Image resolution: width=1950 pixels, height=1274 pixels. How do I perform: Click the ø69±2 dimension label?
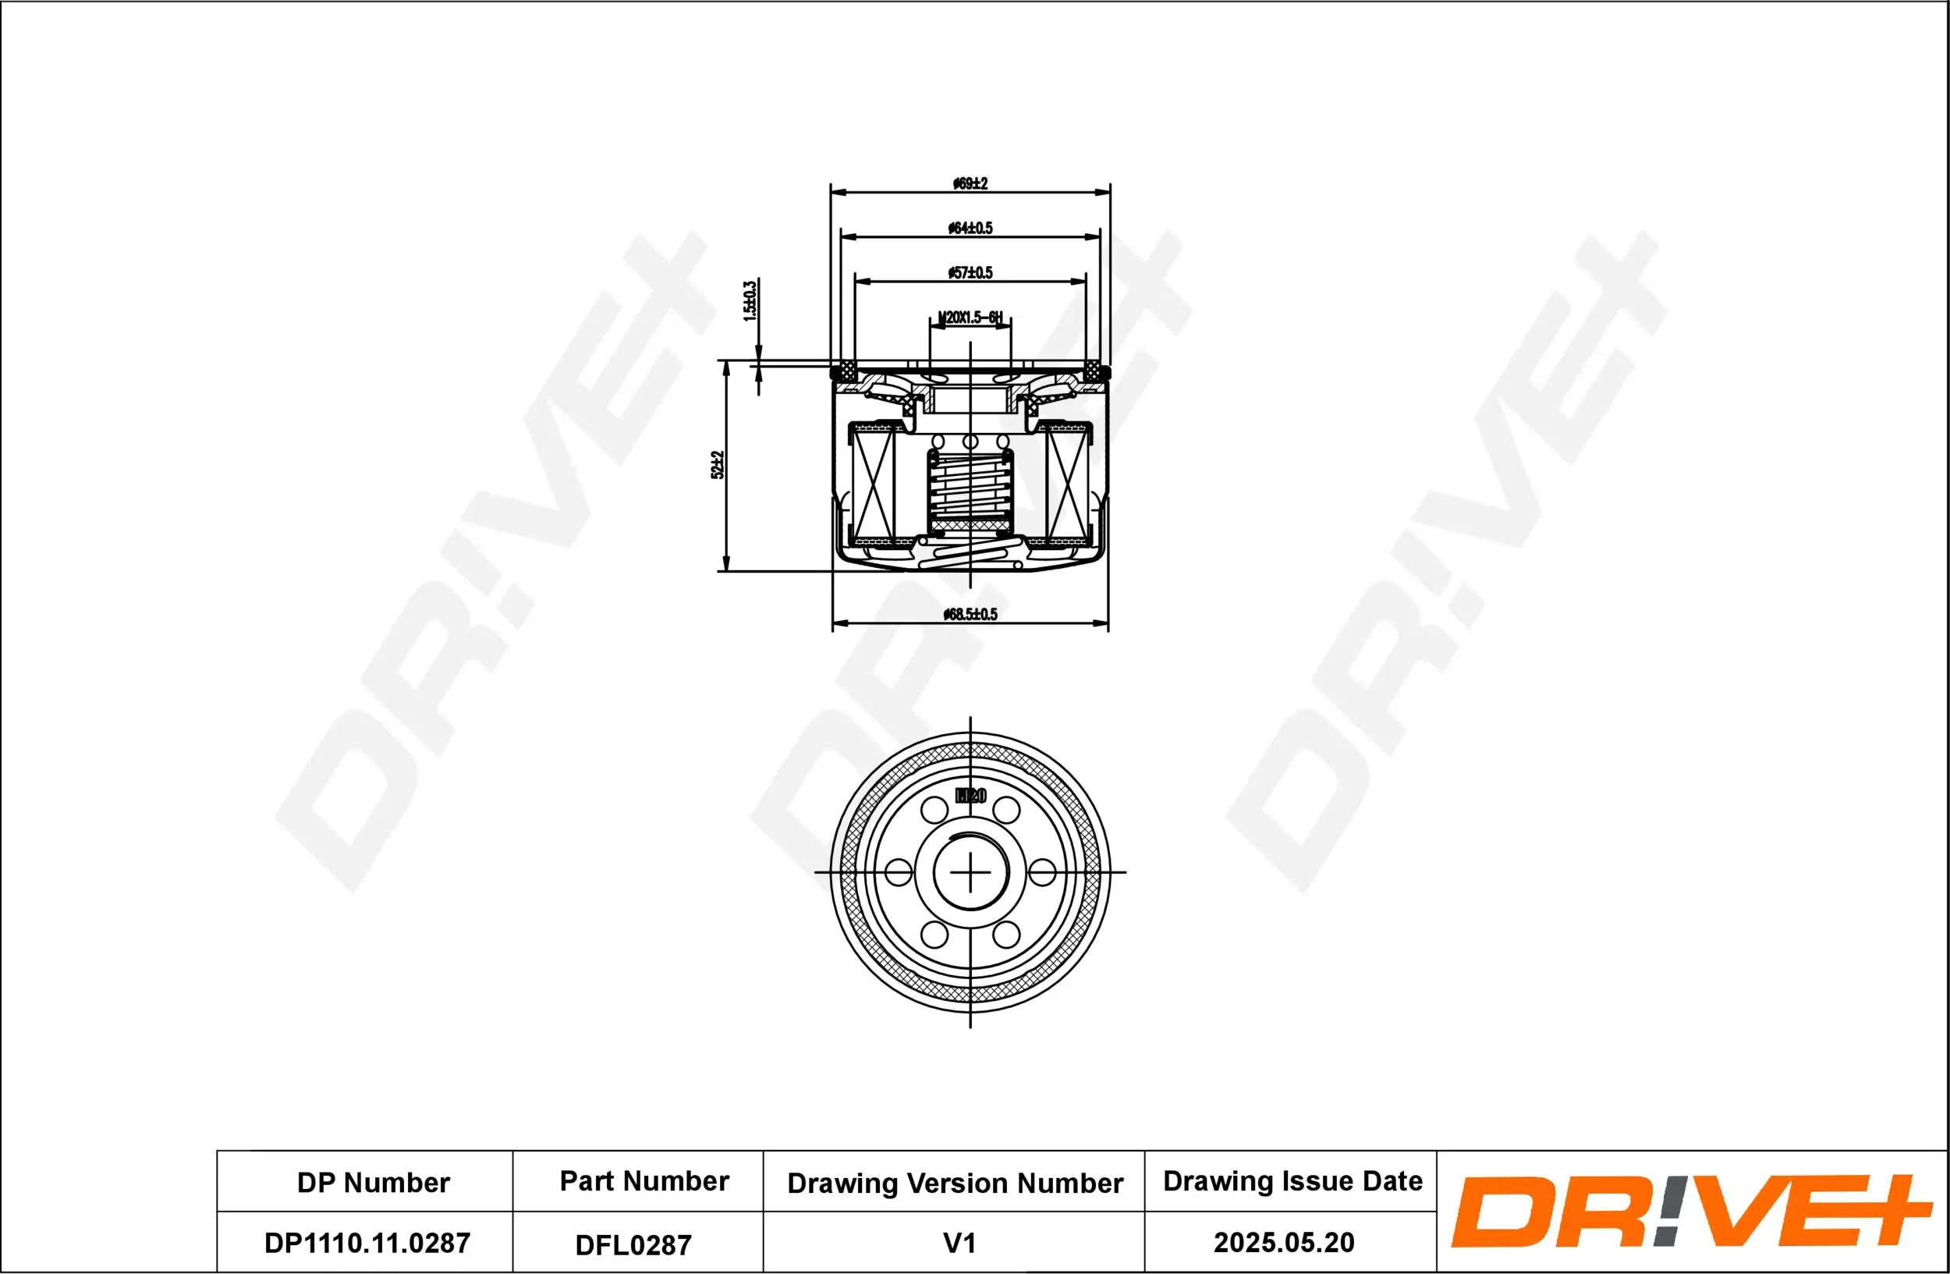tap(970, 183)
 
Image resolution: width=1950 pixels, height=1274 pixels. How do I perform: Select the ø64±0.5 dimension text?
tap(970, 228)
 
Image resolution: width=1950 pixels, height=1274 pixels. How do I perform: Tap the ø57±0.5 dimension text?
tap(970, 273)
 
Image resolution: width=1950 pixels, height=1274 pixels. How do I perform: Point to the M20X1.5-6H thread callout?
tap(970, 317)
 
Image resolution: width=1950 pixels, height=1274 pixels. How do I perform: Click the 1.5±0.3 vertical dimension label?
tap(750, 300)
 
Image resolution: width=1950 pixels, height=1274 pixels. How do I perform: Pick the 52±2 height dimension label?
tap(718, 464)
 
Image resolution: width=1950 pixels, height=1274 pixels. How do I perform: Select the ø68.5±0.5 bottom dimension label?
tap(970, 615)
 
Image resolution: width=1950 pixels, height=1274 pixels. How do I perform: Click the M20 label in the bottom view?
tap(971, 796)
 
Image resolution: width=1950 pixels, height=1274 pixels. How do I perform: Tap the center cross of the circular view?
tap(970, 871)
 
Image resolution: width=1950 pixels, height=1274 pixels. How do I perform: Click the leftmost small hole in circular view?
tap(899, 871)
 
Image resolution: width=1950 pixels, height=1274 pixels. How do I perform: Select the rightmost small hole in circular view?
tap(1041, 871)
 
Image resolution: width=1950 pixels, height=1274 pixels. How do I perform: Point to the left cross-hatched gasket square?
tap(844, 371)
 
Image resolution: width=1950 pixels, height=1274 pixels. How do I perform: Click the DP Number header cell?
tap(373, 1182)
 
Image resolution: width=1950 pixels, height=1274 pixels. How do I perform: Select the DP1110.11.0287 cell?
tap(367, 1243)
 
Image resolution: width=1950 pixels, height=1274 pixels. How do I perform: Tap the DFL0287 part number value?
tap(633, 1244)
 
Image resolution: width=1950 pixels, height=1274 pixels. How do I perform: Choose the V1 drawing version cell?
tap(959, 1243)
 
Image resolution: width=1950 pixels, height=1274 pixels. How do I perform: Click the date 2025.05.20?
tap(1283, 1243)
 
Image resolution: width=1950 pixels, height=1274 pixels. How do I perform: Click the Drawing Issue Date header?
tap(1292, 1181)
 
